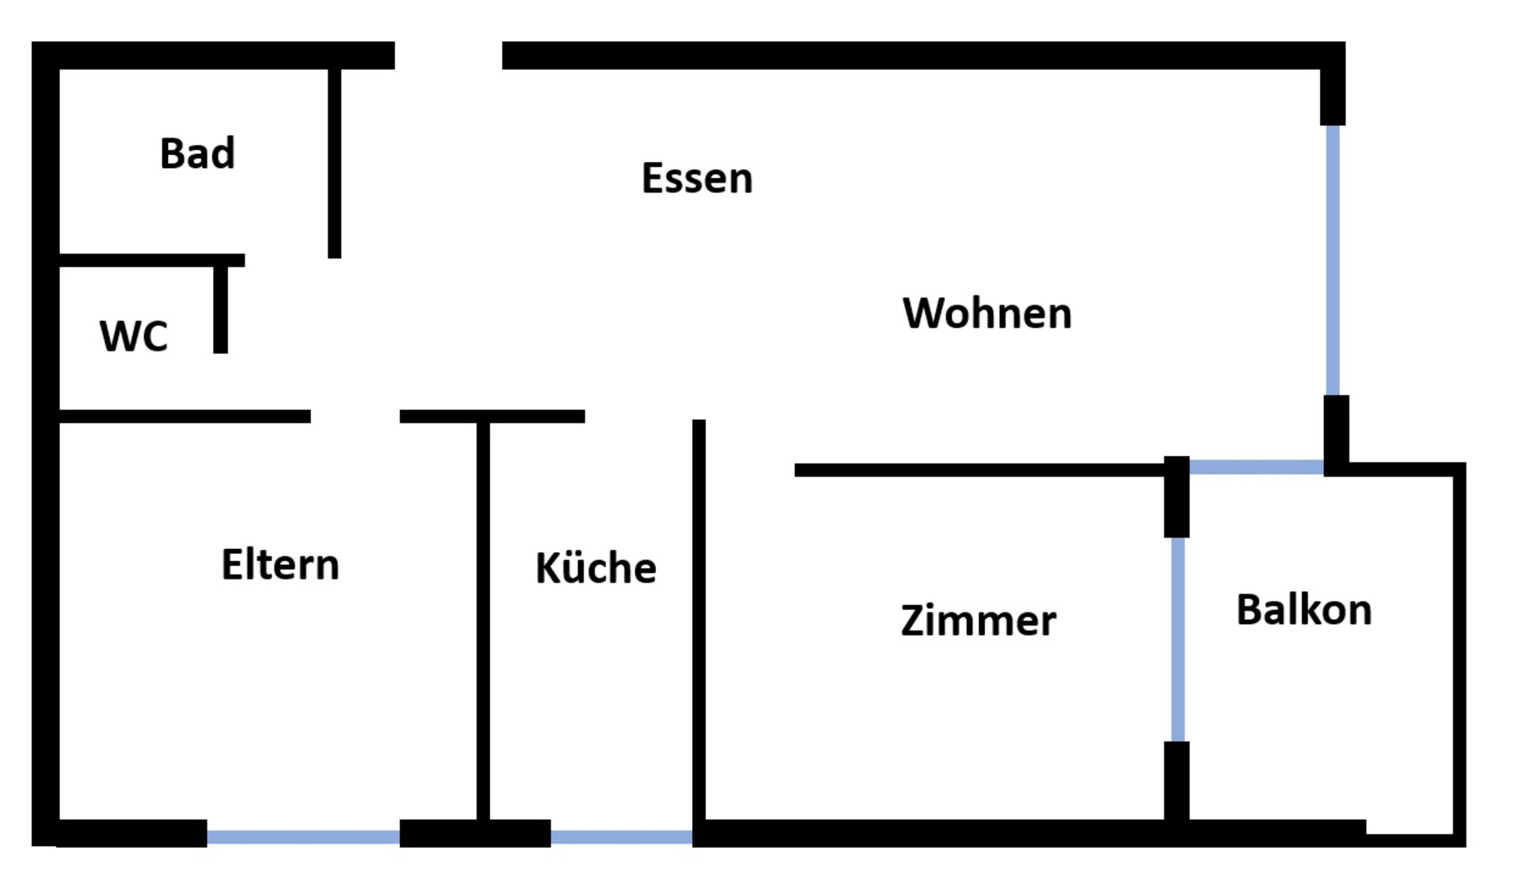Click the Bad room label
(x=198, y=153)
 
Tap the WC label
(x=133, y=336)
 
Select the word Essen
(x=697, y=178)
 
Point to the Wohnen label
(x=988, y=313)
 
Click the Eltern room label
(x=281, y=565)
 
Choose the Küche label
(x=596, y=567)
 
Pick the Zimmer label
(x=978, y=620)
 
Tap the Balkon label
(x=1304, y=610)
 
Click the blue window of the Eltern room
(x=304, y=837)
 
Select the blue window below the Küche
(x=622, y=837)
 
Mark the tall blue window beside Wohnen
(x=1333, y=260)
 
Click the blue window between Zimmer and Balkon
(x=1178, y=640)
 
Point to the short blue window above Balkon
(x=1257, y=468)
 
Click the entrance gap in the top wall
(x=449, y=55)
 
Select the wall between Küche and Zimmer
(x=699, y=620)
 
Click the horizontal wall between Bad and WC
(x=152, y=260)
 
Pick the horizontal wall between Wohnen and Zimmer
(x=979, y=470)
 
